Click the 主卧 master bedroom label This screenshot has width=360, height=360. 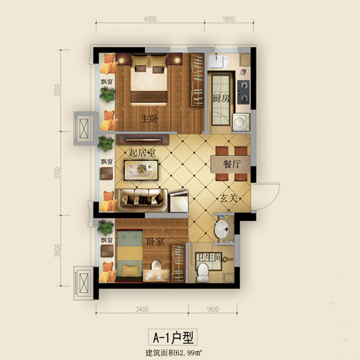149,118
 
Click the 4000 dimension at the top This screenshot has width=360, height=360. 151,19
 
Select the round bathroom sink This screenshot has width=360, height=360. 221,228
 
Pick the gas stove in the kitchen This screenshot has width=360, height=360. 244,91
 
